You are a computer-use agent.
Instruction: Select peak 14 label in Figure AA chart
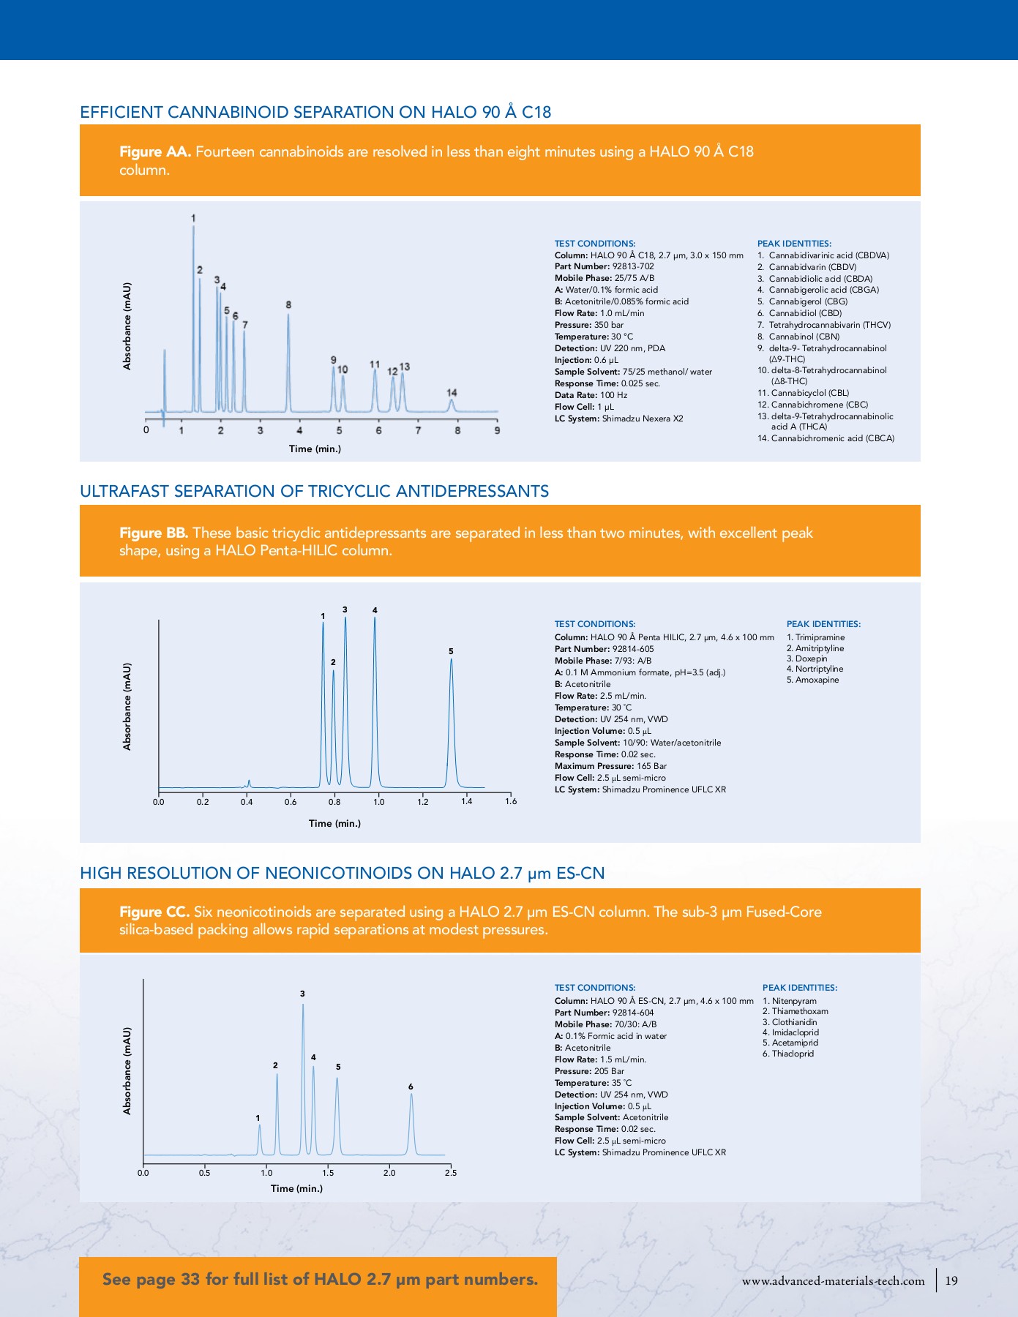point(452,393)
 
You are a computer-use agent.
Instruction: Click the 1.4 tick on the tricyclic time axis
point(467,801)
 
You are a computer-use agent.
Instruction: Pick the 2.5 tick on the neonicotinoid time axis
point(450,1173)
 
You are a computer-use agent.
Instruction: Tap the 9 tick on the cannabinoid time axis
point(497,430)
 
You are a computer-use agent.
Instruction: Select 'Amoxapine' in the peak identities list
point(817,680)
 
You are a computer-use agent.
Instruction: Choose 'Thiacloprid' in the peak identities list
point(793,1054)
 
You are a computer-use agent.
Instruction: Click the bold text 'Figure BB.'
point(154,533)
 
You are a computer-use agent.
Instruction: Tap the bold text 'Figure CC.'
point(154,912)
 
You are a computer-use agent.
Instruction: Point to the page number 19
point(951,1280)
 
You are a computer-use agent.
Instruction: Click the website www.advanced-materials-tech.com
point(833,1281)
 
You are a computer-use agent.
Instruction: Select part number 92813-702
point(633,266)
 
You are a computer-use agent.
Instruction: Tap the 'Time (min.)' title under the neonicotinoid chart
point(296,1188)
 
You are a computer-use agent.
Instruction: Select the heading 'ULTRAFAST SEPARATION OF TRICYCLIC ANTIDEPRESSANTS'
point(314,491)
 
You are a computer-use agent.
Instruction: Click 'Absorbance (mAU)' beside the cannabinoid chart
point(127,326)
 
